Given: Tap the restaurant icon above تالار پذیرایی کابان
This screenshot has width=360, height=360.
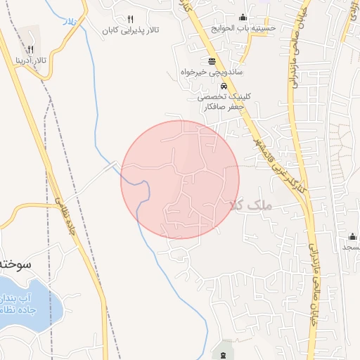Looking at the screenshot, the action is (130, 19).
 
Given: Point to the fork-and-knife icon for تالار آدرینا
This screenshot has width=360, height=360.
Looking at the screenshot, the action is (30, 50).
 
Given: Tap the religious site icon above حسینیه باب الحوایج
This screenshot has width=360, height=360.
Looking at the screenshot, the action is (244, 18).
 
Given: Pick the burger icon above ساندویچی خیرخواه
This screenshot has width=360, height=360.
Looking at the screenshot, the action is (212, 60).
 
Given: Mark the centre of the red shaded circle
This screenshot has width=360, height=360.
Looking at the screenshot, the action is (180, 179).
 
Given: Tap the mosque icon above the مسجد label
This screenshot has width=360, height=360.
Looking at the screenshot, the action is (352, 235).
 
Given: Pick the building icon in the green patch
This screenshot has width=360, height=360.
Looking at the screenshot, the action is (224, 354).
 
